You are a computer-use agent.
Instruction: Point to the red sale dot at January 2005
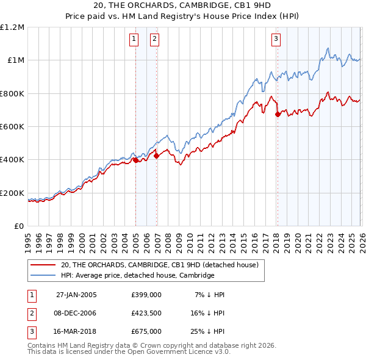136,160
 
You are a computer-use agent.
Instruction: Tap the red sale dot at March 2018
278,114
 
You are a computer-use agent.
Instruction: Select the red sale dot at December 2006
156,156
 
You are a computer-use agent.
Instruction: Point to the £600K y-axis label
12,127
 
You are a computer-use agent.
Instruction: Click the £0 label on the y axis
19,226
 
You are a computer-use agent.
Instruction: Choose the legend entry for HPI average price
137,275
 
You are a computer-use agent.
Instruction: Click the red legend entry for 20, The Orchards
160,265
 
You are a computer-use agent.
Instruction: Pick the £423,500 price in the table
146,312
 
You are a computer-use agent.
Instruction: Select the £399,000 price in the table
146,294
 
